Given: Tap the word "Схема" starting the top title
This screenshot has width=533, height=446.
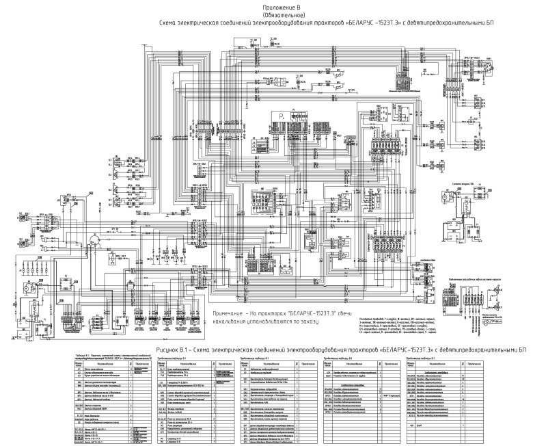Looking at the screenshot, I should pyautogui.click(x=167, y=23).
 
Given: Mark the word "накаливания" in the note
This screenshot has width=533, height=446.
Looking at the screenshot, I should pyautogui.click(x=232, y=320).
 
